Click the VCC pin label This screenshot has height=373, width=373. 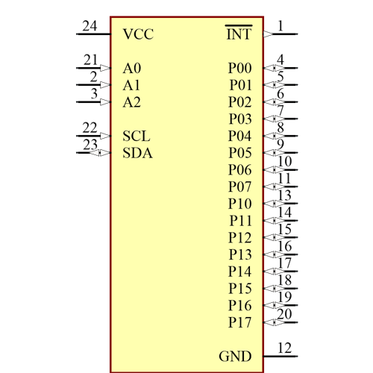tap(137, 34)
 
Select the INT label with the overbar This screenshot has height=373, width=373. tap(238, 34)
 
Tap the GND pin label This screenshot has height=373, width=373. tap(235, 356)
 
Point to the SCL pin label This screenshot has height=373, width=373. tap(136, 137)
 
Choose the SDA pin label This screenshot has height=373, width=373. tap(137, 153)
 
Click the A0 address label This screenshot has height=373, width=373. tap(132, 68)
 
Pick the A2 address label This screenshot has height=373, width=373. tap(132, 102)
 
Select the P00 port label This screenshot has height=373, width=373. tap(240, 68)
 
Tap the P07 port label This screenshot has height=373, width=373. tap(240, 186)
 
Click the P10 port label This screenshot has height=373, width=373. tap(240, 204)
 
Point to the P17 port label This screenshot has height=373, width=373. tap(240, 322)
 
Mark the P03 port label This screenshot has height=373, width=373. tap(240, 119)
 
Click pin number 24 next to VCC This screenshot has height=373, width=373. tap(90, 26)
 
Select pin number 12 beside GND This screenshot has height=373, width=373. tap(283, 348)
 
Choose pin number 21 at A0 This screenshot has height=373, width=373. tap(90, 60)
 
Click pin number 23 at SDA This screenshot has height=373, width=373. tap(90, 145)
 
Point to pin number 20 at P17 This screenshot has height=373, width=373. tap(283, 314)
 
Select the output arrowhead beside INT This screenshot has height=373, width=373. tap(269, 34)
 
